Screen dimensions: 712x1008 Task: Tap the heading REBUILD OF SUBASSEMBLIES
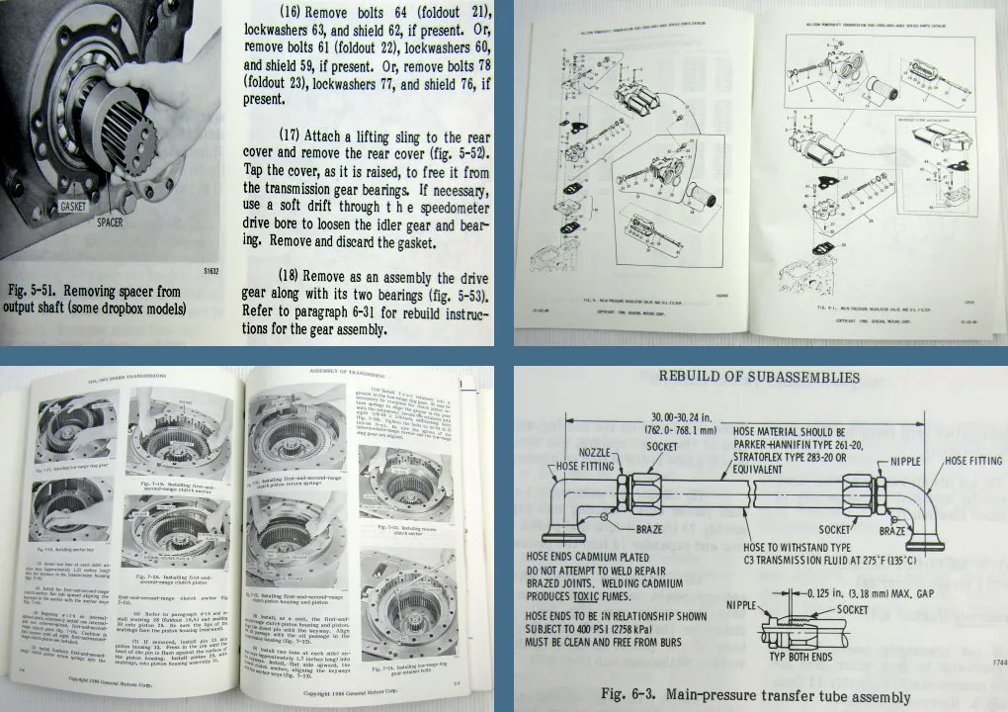point(760,378)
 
